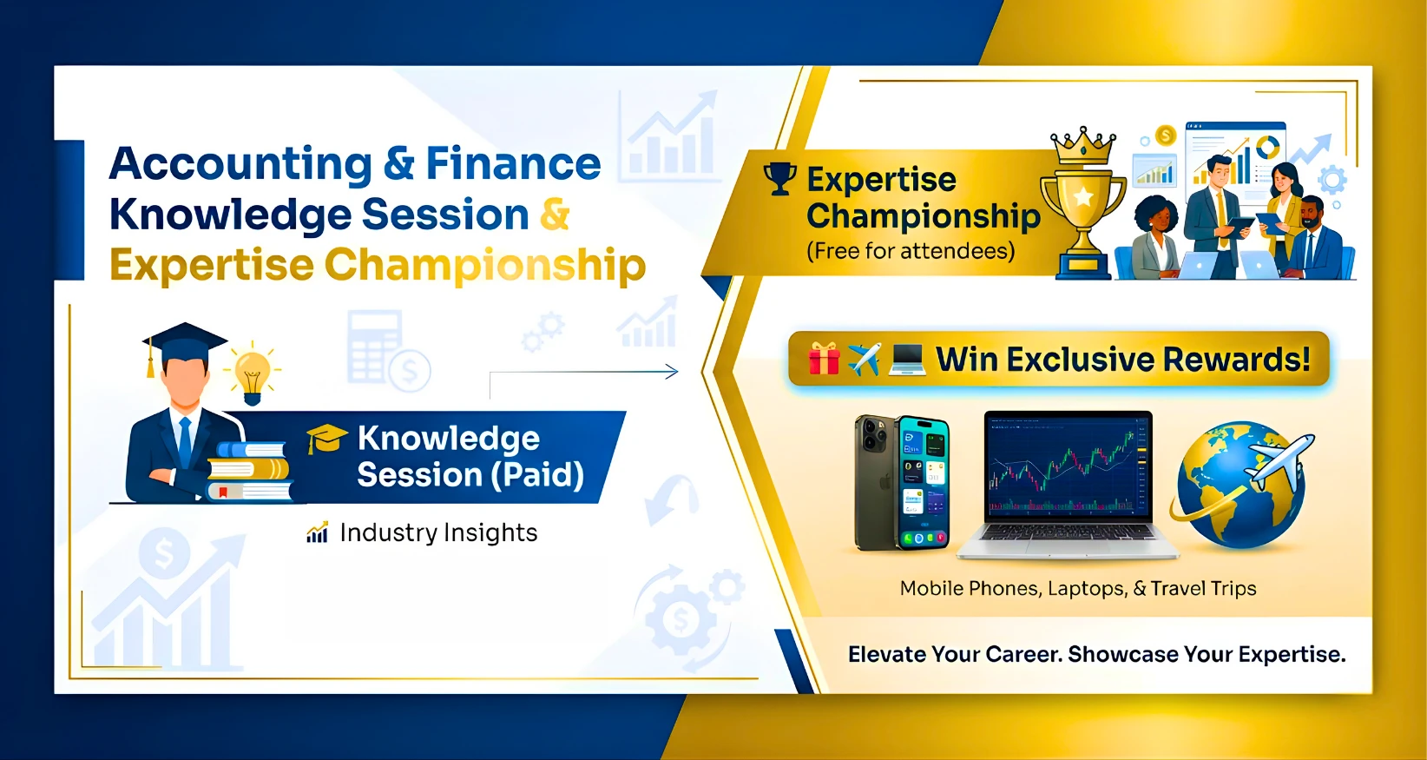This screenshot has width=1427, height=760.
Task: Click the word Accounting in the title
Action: coord(240,165)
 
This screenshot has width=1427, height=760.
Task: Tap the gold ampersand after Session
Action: coord(555,215)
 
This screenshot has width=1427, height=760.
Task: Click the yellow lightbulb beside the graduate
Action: coord(253,374)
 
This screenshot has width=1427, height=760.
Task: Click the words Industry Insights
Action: coord(438,532)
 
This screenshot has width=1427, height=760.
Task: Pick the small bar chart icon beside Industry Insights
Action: coord(317,532)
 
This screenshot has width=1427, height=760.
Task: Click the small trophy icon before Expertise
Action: coord(779,179)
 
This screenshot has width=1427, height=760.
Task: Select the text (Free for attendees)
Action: coord(911,250)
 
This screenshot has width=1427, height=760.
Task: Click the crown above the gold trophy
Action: coord(1082,146)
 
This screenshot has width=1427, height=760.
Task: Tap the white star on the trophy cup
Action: coord(1083,196)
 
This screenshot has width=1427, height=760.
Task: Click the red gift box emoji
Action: coord(824,358)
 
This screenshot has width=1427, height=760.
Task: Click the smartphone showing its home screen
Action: coord(924,483)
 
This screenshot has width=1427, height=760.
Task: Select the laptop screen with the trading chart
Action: coord(1069,465)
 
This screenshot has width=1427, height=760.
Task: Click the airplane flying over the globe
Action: coord(1277,461)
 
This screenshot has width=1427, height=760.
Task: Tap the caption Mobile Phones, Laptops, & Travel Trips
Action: coord(1078,588)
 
